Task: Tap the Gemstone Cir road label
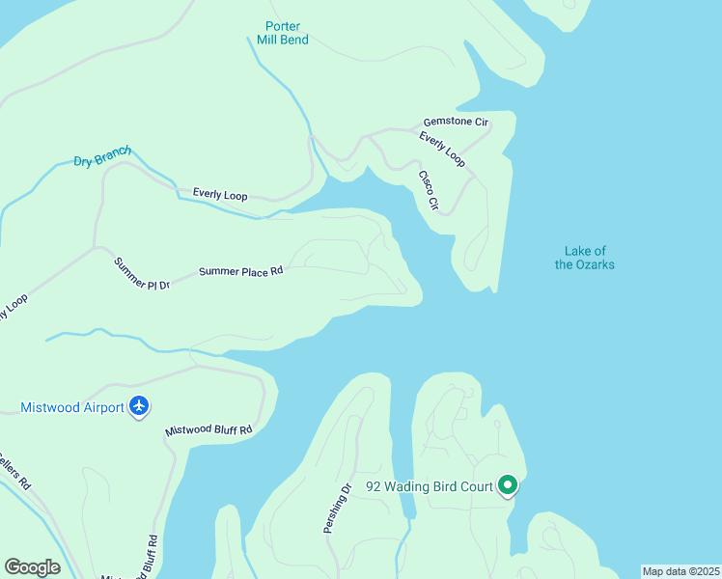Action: pyautogui.click(x=457, y=123)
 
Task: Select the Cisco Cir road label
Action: pyautogui.click(x=429, y=190)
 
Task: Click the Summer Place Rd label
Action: pyautogui.click(x=240, y=272)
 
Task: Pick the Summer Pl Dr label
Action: pyautogui.click(x=141, y=274)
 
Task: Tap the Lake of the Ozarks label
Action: pyautogui.click(x=584, y=258)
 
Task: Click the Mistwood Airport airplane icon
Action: pyautogui.click(x=140, y=406)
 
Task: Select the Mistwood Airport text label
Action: pyautogui.click(x=72, y=407)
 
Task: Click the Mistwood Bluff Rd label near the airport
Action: pyautogui.click(x=208, y=429)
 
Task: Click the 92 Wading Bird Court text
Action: pyautogui.click(x=430, y=486)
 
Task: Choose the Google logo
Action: pyautogui.click(x=32, y=567)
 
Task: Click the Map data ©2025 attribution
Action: pyautogui.click(x=681, y=571)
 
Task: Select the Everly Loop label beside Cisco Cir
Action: pyautogui.click(x=442, y=150)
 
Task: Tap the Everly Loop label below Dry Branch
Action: pyautogui.click(x=220, y=195)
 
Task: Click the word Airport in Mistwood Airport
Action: pyautogui.click(x=101, y=407)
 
